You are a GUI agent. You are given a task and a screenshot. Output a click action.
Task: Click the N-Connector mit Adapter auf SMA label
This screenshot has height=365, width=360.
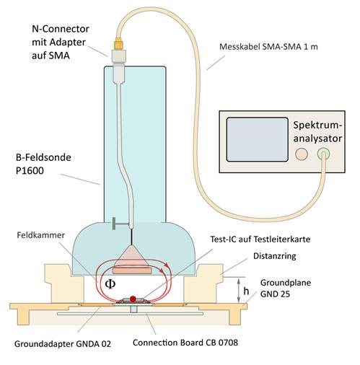coord(61,42)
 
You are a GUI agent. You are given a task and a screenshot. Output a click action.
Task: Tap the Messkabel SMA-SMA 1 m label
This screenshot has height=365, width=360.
coord(268,47)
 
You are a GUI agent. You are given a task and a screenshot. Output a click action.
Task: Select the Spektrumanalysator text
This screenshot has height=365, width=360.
coord(317,132)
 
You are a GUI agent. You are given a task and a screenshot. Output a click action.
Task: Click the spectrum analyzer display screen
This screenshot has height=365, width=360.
coord(258,139)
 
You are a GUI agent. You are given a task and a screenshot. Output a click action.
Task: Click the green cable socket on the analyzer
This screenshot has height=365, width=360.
coord(323,154)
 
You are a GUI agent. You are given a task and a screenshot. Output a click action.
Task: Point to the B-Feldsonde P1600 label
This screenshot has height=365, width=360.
coord(43,164)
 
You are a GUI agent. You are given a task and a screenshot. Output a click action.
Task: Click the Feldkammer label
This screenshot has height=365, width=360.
coord(41,235)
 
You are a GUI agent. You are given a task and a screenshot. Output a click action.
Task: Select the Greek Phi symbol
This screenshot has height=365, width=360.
coord(110,284)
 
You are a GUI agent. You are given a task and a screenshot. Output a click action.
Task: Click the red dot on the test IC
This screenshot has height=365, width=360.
coord(133,299)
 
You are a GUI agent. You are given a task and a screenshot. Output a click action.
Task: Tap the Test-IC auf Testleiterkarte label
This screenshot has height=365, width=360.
coord(260,239)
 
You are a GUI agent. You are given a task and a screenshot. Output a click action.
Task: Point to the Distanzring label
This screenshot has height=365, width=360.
coord(275,256)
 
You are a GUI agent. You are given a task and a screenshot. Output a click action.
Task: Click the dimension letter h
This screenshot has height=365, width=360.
coord(246,291)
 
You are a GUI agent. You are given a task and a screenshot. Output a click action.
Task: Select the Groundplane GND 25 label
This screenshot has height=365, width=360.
coord(286,288)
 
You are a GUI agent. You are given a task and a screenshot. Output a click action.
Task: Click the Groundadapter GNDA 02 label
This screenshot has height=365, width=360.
coord(63,344)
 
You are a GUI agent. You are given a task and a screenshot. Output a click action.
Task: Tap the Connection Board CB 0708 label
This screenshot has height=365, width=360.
coord(185,343)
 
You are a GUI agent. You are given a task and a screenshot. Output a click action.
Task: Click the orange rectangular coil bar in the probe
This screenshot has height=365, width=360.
coord(132,271)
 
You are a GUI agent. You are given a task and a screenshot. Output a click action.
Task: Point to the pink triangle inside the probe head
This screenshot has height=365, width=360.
coord(131,256)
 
